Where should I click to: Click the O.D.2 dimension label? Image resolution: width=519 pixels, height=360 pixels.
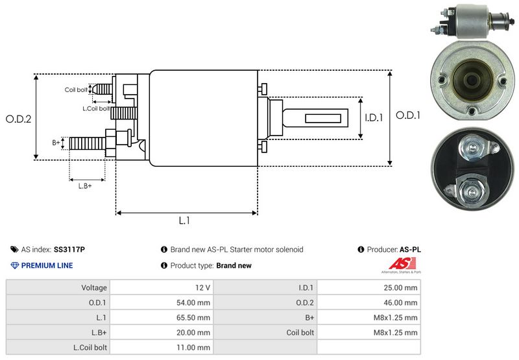(x=18, y=119)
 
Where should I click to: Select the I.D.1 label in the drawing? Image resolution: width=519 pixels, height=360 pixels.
(x=374, y=118)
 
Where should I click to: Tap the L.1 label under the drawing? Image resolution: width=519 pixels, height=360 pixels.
(x=184, y=221)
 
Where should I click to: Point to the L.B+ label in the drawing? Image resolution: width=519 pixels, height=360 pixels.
(x=85, y=186)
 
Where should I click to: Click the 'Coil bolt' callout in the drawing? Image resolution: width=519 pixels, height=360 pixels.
(x=76, y=90)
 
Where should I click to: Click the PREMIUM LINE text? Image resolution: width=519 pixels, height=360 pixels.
(x=47, y=265)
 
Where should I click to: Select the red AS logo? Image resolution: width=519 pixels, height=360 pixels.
(x=398, y=264)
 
